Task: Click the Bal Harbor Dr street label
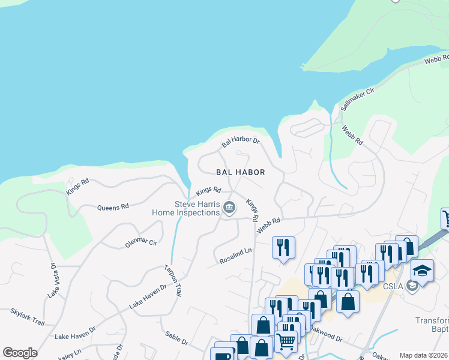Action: [240, 142]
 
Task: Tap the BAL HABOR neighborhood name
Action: [241, 172]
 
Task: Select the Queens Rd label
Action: [113, 207]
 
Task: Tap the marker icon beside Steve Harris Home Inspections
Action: [229, 208]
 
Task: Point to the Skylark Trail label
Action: [28, 317]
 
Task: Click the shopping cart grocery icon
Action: [286, 341]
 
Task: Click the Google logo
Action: [20, 353]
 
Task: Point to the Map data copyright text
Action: [423, 355]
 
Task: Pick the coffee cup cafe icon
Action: [223, 355]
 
